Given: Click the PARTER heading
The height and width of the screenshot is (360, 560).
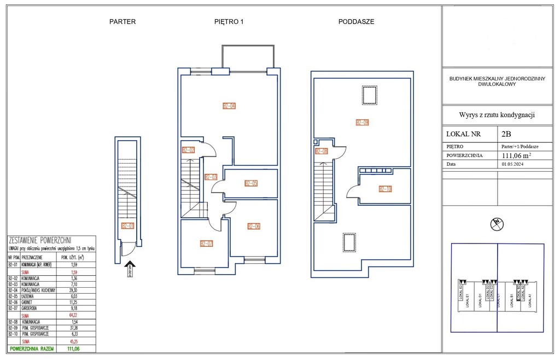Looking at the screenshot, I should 122,22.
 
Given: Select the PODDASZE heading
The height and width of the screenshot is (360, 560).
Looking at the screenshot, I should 356,22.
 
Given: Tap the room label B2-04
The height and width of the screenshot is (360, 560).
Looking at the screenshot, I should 229,106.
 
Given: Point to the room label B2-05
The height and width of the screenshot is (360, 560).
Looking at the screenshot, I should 251,184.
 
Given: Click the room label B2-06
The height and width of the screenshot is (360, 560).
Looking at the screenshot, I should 254,227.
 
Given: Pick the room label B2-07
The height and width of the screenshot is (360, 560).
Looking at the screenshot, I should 206,244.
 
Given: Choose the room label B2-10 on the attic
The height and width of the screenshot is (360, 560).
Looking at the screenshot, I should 386,189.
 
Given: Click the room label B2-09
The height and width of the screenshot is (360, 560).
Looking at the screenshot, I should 362,123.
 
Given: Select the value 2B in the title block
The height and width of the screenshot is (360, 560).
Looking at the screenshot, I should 506,133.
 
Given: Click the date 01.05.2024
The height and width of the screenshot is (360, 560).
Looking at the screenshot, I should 513,164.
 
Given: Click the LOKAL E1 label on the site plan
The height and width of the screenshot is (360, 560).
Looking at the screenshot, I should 467,301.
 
